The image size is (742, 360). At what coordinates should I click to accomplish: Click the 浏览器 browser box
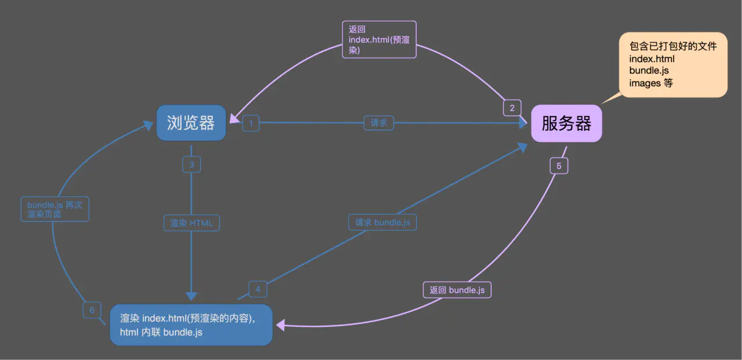pos(191,123)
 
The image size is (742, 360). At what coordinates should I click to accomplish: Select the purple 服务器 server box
pos(566,123)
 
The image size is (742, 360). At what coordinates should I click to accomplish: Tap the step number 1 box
pos(251,123)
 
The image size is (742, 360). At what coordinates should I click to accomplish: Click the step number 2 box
pos(512,107)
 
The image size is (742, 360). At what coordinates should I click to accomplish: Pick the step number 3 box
pos(191,165)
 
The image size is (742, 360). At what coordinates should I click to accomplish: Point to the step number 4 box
pos(258,289)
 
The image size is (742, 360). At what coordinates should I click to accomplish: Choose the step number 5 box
pos(559,166)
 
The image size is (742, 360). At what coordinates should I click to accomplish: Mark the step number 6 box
pos(92,310)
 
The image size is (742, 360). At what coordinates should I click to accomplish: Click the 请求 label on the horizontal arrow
pos(379,123)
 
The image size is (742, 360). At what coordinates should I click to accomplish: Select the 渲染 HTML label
pos(191,223)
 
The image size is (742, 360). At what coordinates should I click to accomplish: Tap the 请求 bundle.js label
pos(382,222)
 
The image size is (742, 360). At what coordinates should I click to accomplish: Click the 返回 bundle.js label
pos(457,290)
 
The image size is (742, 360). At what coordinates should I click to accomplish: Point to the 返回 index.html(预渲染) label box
pos(380,39)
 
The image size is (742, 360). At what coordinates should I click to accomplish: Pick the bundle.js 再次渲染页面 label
pos(56,209)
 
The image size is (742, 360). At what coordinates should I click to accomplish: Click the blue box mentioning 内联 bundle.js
pos(191,325)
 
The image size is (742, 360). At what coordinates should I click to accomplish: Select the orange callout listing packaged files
pos(673,64)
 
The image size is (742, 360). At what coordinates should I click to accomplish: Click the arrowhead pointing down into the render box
pos(191,296)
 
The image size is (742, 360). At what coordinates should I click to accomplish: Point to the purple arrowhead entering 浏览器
pos(235,119)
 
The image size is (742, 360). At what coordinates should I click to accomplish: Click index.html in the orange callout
pos(652,59)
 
